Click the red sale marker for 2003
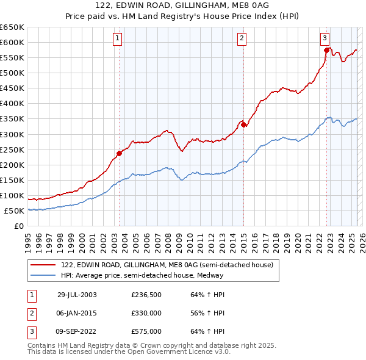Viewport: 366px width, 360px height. [119, 153]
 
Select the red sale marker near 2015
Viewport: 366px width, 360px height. [243, 124]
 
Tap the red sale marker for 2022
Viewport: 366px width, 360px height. [326, 50]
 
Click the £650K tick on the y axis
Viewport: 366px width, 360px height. [12, 27]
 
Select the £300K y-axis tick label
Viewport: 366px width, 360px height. [12, 134]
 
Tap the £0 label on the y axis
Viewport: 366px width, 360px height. [19, 226]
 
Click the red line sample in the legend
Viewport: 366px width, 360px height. [44, 264]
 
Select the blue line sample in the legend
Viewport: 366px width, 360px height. [44, 275]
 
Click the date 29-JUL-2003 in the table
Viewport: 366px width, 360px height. [77, 295]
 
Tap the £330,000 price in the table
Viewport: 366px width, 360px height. [146, 313]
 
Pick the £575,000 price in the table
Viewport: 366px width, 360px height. [146, 331]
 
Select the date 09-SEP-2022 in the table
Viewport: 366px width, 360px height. [77, 331]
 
